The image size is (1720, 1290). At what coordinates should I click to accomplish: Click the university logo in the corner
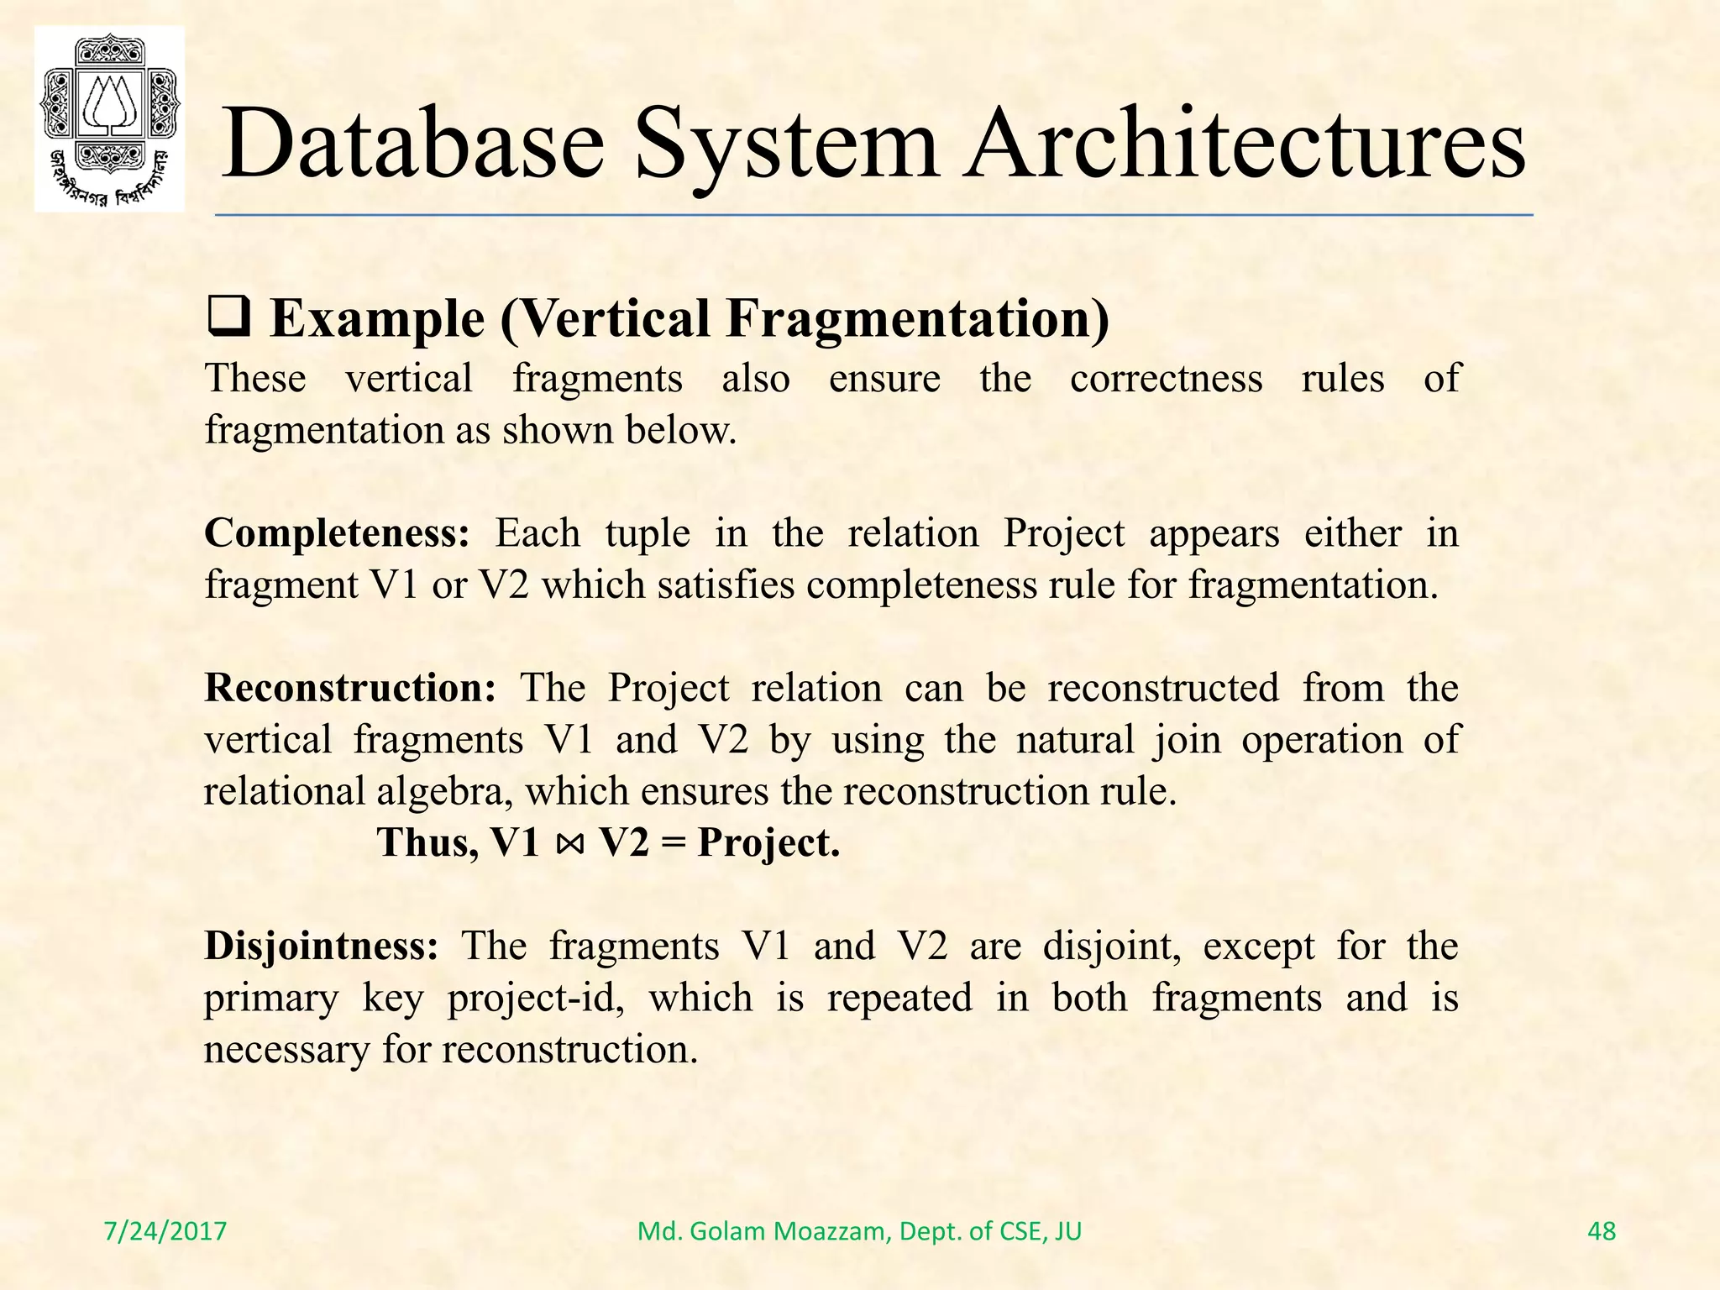pyautogui.click(x=109, y=118)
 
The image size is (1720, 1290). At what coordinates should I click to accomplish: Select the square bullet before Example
pyautogui.click(x=228, y=320)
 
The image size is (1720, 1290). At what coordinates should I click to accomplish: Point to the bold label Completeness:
pyautogui.click(x=337, y=533)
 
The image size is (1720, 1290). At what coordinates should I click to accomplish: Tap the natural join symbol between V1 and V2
pyautogui.click(x=569, y=843)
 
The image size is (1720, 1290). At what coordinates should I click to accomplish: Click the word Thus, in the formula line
pyautogui.click(x=427, y=842)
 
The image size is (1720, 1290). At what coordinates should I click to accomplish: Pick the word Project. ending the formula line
pyautogui.click(x=768, y=843)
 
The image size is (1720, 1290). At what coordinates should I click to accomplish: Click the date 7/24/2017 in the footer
pyautogui.click(x=165, y=1231)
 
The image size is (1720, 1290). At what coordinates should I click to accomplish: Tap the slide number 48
pyautogui.click(x=1602, y=1231)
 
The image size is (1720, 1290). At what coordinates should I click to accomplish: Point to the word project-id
pyautogui.click(x=535, y=999)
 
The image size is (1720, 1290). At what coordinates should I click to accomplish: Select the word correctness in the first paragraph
pyautogui.click(x=1166, y=378)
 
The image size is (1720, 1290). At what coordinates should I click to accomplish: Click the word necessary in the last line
pyautogui.click(x=286, y=1050)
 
